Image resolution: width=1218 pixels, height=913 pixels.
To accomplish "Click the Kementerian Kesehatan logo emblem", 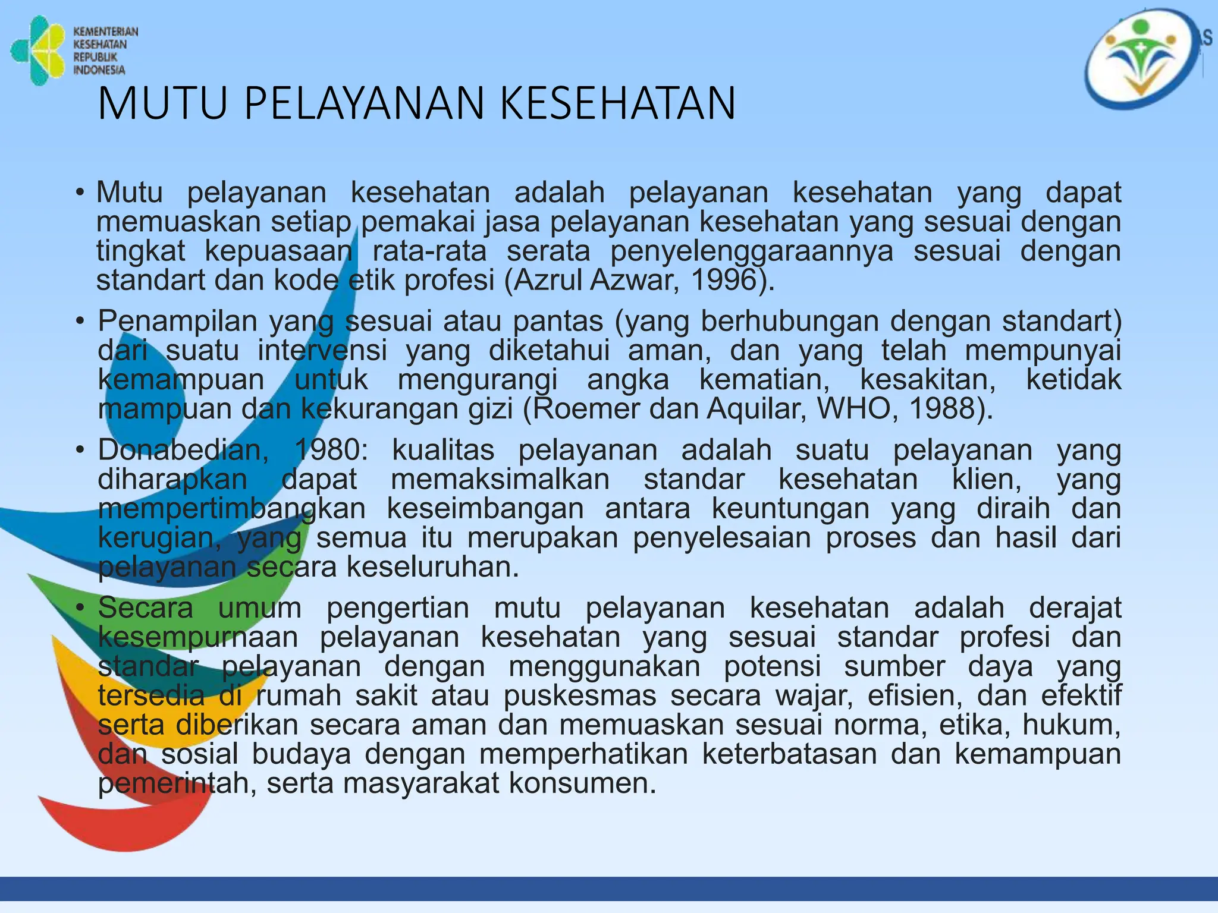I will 37,51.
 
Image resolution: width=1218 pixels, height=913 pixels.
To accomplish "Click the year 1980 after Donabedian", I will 331,450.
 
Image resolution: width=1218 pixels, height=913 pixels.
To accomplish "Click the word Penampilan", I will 176,322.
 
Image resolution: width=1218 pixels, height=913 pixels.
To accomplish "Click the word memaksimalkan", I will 500,479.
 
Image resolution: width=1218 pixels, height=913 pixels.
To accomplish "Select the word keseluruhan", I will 433,567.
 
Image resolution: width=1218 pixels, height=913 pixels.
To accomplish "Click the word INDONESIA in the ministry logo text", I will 99,70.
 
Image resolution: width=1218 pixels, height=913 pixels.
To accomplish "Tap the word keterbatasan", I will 789,754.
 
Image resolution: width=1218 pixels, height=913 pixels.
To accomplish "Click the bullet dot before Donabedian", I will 79,451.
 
